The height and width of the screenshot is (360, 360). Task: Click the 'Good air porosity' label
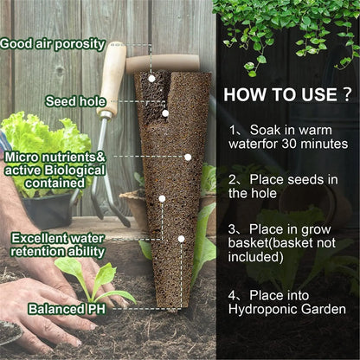tap(54, 42)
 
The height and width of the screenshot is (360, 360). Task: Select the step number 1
tap(234, 129)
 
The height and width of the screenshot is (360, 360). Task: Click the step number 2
tap(234, 179)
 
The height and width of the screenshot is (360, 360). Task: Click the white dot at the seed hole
tap(164, 112)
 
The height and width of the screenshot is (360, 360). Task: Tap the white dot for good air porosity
tap(151, 78)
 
